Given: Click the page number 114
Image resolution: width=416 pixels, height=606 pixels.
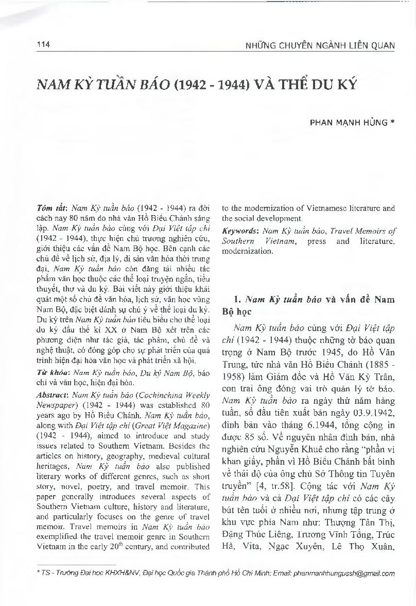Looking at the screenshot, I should [x=43, y=45].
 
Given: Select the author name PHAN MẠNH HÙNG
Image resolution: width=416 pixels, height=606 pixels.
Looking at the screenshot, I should [x=348, y=123].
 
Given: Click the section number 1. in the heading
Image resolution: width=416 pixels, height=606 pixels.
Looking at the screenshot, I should [x=237, y=299].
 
